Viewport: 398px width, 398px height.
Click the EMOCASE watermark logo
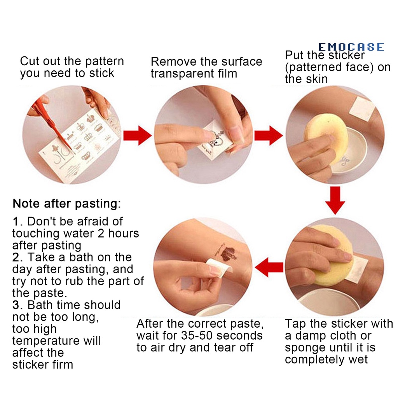(351, 47)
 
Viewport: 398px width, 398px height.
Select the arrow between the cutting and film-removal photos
(137, 136)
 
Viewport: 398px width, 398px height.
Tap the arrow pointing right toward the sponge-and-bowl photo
(268, 136)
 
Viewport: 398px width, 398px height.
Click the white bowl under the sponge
(350, 152)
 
